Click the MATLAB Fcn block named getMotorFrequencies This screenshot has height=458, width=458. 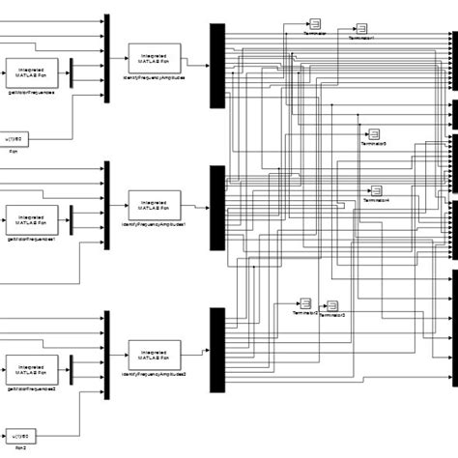(x=31, y=72)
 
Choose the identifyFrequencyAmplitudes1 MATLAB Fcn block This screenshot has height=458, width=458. (x=154, y=205)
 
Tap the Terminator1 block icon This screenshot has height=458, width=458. (x=360, y=28)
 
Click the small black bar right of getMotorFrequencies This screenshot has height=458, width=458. (x=73, y=72)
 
